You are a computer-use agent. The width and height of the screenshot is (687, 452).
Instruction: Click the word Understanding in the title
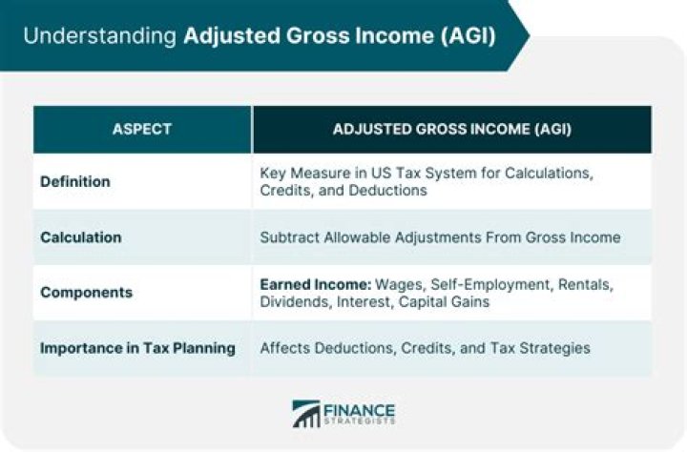point(96,36)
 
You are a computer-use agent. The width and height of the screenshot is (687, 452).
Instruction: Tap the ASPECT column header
point(142,129)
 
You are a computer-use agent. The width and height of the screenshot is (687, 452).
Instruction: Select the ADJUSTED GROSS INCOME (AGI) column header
point(451,129)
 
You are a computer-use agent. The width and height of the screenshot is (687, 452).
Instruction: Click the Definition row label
point(75,181)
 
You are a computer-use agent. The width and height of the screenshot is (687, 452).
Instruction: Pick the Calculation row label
point(81,236)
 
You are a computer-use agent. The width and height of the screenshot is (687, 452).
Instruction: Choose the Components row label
point(85,292)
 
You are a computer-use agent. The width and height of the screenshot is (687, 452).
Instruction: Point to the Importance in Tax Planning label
point(137,347)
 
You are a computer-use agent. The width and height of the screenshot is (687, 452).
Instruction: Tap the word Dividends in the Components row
point(292,300)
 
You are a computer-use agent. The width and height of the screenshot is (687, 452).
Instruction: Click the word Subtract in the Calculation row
point(291,236)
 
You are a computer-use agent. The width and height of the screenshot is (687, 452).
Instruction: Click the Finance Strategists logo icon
point(306,413)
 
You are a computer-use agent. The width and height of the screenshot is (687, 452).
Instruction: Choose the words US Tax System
point(411,174)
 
